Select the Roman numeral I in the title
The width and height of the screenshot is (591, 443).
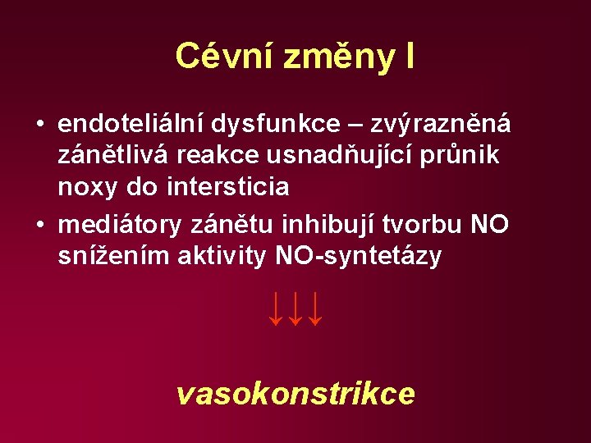point(408,56)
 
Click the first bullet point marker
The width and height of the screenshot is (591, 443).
point(39,125)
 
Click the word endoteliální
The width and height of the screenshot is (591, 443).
point(132,124)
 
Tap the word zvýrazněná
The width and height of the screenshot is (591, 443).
point(441,124)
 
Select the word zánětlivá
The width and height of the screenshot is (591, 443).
point(108,156)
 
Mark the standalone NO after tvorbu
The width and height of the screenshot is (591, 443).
point(490,224)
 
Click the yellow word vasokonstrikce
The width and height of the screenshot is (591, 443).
point(295,395)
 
